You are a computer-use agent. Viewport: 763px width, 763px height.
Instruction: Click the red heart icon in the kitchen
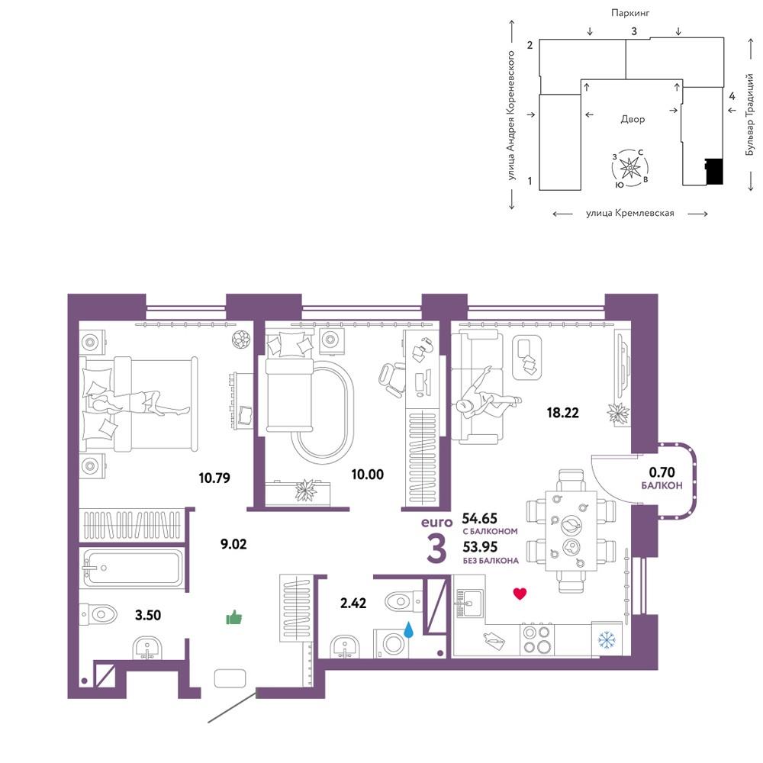[520, 594]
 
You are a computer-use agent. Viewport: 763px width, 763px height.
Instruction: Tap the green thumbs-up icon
[234, 617]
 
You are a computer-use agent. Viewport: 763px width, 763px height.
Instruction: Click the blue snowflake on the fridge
[607, 640]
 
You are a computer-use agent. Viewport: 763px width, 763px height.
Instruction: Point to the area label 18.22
[562, 413]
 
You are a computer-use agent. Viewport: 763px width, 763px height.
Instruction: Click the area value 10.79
[214, 478]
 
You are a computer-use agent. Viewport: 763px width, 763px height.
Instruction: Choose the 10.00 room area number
[368, 474]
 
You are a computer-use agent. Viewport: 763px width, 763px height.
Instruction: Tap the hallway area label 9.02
[233, 544]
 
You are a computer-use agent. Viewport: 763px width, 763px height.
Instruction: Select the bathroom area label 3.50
[148, 615]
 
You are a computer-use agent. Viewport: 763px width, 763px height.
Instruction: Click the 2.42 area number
[353, 604]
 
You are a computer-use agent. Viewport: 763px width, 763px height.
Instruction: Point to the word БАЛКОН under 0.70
[662, 485]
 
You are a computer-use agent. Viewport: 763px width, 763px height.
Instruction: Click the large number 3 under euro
[436, 549]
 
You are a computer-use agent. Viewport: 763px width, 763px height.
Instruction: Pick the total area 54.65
[479, 518]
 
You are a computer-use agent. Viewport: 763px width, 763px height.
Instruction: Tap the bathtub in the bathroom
[133, 568]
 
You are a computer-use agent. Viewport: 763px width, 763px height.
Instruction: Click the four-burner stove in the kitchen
[536, 639]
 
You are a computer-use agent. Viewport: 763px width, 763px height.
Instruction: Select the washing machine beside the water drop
[391, 644]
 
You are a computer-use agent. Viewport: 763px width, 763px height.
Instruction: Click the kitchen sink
[469, 604]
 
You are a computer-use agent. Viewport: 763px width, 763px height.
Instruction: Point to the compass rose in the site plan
[630, 168]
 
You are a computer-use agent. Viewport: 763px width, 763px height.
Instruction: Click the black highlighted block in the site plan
[714, 171]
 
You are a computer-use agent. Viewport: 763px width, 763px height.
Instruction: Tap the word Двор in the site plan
[633, 119]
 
